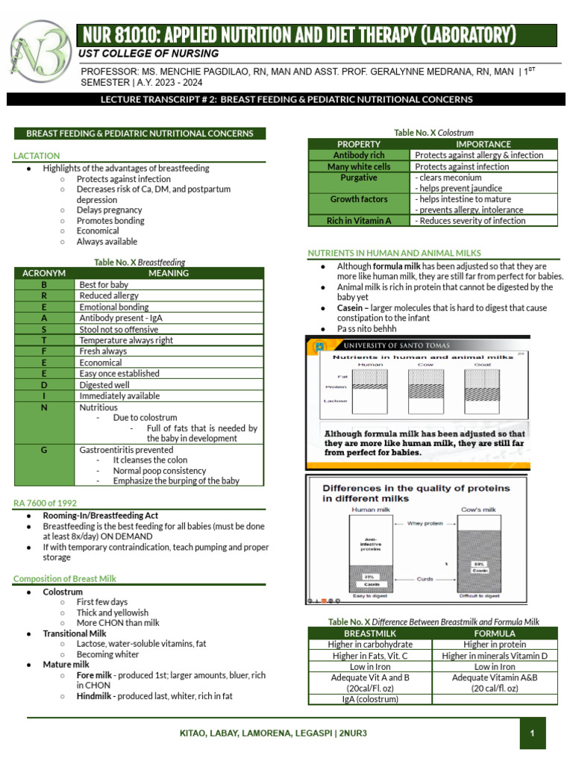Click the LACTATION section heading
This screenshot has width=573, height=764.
point(37,155)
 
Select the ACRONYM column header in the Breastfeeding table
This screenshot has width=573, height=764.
point(44,273)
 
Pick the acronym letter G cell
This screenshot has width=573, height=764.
point(44,450)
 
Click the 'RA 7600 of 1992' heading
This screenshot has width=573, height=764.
point(45,503)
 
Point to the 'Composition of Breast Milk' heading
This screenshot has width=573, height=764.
point(65,578)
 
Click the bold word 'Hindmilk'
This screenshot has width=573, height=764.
point(93,695)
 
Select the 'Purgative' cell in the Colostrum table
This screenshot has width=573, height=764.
point(359,178)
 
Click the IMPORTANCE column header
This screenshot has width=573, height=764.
point(483,144)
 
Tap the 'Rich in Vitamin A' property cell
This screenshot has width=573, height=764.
point(359,221)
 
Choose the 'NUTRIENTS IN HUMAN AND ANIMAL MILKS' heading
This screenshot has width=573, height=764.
point(395,253)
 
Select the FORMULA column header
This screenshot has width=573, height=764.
point(494,633)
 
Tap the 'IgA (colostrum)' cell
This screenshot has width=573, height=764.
point(370,699)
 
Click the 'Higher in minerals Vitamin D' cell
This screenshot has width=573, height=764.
point(494,655)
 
